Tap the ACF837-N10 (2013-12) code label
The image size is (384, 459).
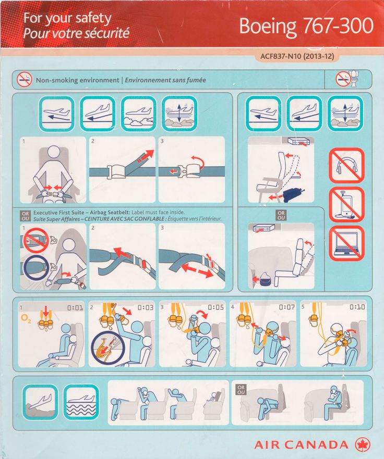(297, 56)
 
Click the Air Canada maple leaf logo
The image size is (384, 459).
(362, 445)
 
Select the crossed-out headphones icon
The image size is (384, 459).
(346, 166)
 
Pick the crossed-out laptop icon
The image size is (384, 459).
(346, 243)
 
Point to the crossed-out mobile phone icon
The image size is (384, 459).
(346, 204)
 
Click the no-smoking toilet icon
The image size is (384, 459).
(348, 79)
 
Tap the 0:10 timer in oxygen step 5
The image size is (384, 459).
(357, 307)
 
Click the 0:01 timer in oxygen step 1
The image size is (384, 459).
(75, 308)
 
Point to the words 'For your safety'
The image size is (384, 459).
(67, 18)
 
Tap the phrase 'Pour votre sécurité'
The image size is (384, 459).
(76, 33)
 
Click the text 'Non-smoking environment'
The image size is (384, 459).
(77, 80)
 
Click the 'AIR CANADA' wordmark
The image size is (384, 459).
(302, 445)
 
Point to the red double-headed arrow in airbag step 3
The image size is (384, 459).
(197, 270)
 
